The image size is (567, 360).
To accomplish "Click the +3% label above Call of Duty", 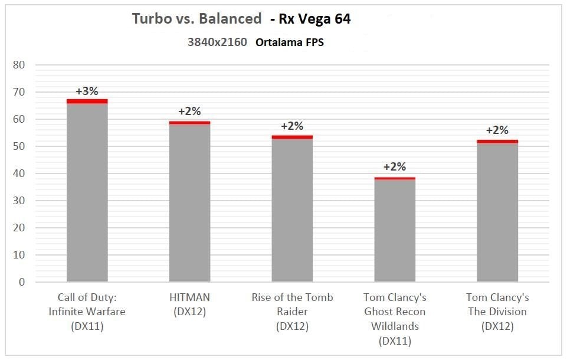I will (x=87, y=91).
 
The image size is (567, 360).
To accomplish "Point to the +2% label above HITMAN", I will (x=189, y=112).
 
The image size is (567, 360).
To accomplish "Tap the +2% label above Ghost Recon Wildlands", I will (x=395, y=167).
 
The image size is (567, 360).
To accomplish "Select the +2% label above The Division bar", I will (x=497, y=130).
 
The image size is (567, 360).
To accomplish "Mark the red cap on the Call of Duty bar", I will (x=87, y=101).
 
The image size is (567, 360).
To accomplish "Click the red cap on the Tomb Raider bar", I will (x=292, y=137).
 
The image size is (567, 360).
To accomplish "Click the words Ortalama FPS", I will (x=290, y=42).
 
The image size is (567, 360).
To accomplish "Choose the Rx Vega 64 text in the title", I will (x=311, y=19).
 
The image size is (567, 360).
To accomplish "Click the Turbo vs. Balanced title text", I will (x=196, y=19).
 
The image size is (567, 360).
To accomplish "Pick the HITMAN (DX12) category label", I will (x=189, y=304).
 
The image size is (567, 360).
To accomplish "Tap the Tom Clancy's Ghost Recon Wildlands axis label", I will (x=395, y=319).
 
